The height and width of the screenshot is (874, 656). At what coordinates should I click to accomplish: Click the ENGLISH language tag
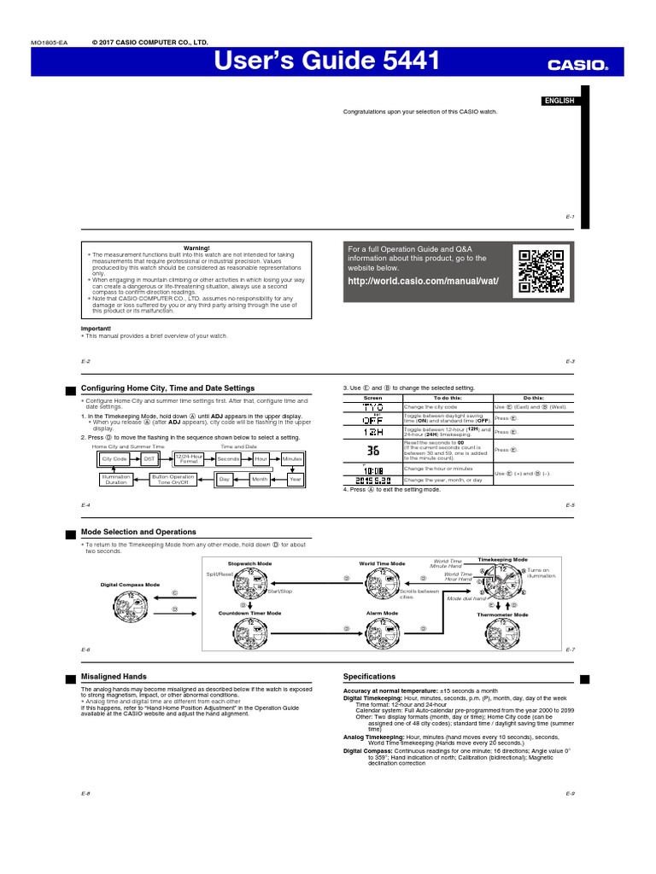[559, 101]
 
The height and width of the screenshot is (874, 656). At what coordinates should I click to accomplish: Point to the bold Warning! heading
[196, 248]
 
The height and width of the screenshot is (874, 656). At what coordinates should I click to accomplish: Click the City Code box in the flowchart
[113, 458]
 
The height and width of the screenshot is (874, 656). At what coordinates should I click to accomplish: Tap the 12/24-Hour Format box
[189, 458]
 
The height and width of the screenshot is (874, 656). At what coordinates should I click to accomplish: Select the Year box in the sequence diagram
[295, 480]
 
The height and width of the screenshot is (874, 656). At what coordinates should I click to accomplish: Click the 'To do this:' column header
[448, 398]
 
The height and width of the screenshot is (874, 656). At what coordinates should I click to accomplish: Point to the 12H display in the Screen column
[373, 431]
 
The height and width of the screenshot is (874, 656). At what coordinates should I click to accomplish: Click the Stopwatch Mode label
[249, 564]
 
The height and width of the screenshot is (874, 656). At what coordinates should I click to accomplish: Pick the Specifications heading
[369, 676]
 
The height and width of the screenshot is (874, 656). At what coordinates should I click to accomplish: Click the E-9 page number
[570, 794]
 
